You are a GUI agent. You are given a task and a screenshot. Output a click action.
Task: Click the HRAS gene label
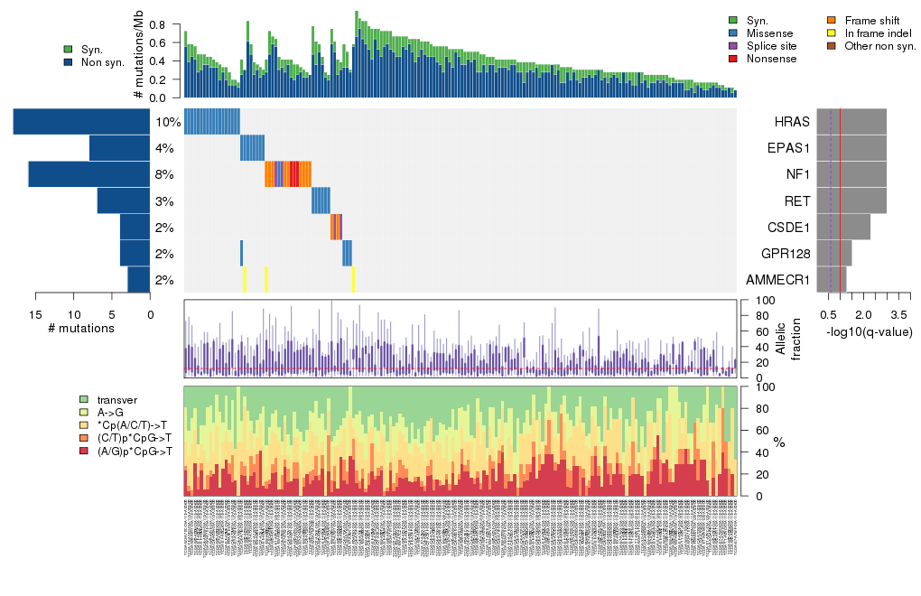792,122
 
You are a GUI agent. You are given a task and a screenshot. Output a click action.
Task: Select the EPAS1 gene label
788,148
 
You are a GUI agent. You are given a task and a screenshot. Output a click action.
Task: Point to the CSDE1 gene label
788,228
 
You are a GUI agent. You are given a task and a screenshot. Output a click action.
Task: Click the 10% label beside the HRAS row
168,122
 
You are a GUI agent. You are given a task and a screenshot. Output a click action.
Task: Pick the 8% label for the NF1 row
164,174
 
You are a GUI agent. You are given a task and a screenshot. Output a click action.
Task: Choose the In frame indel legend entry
874,33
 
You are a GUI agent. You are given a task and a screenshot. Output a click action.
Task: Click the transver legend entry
116,399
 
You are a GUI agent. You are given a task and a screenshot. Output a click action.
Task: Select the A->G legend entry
112,412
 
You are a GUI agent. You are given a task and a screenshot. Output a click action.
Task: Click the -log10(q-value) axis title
869,331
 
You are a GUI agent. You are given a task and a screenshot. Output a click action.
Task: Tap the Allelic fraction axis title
788,339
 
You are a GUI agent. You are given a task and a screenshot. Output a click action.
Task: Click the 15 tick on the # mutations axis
35,314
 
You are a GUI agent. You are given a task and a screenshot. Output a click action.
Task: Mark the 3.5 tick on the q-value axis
898,314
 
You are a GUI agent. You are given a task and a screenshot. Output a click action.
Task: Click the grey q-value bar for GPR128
833,254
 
